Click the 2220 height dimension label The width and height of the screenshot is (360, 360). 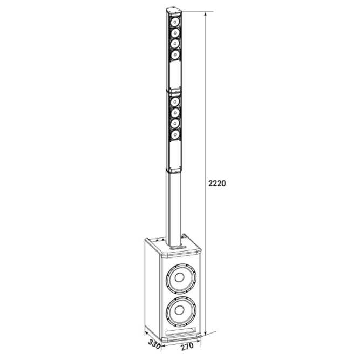[217, 183]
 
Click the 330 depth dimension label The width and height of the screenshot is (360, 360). [154, 344]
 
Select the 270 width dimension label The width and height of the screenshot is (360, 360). [187, 347]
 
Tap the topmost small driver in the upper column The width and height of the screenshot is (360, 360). [175, 22]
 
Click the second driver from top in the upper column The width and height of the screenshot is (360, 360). [175, 33]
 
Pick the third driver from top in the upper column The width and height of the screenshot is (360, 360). [175, 44]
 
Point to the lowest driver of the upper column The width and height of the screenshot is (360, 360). [175, 55]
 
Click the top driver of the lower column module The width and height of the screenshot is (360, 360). [175, 101]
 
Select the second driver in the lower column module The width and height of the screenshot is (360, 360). [175, 112]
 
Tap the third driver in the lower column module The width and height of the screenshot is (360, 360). [175, 124]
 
